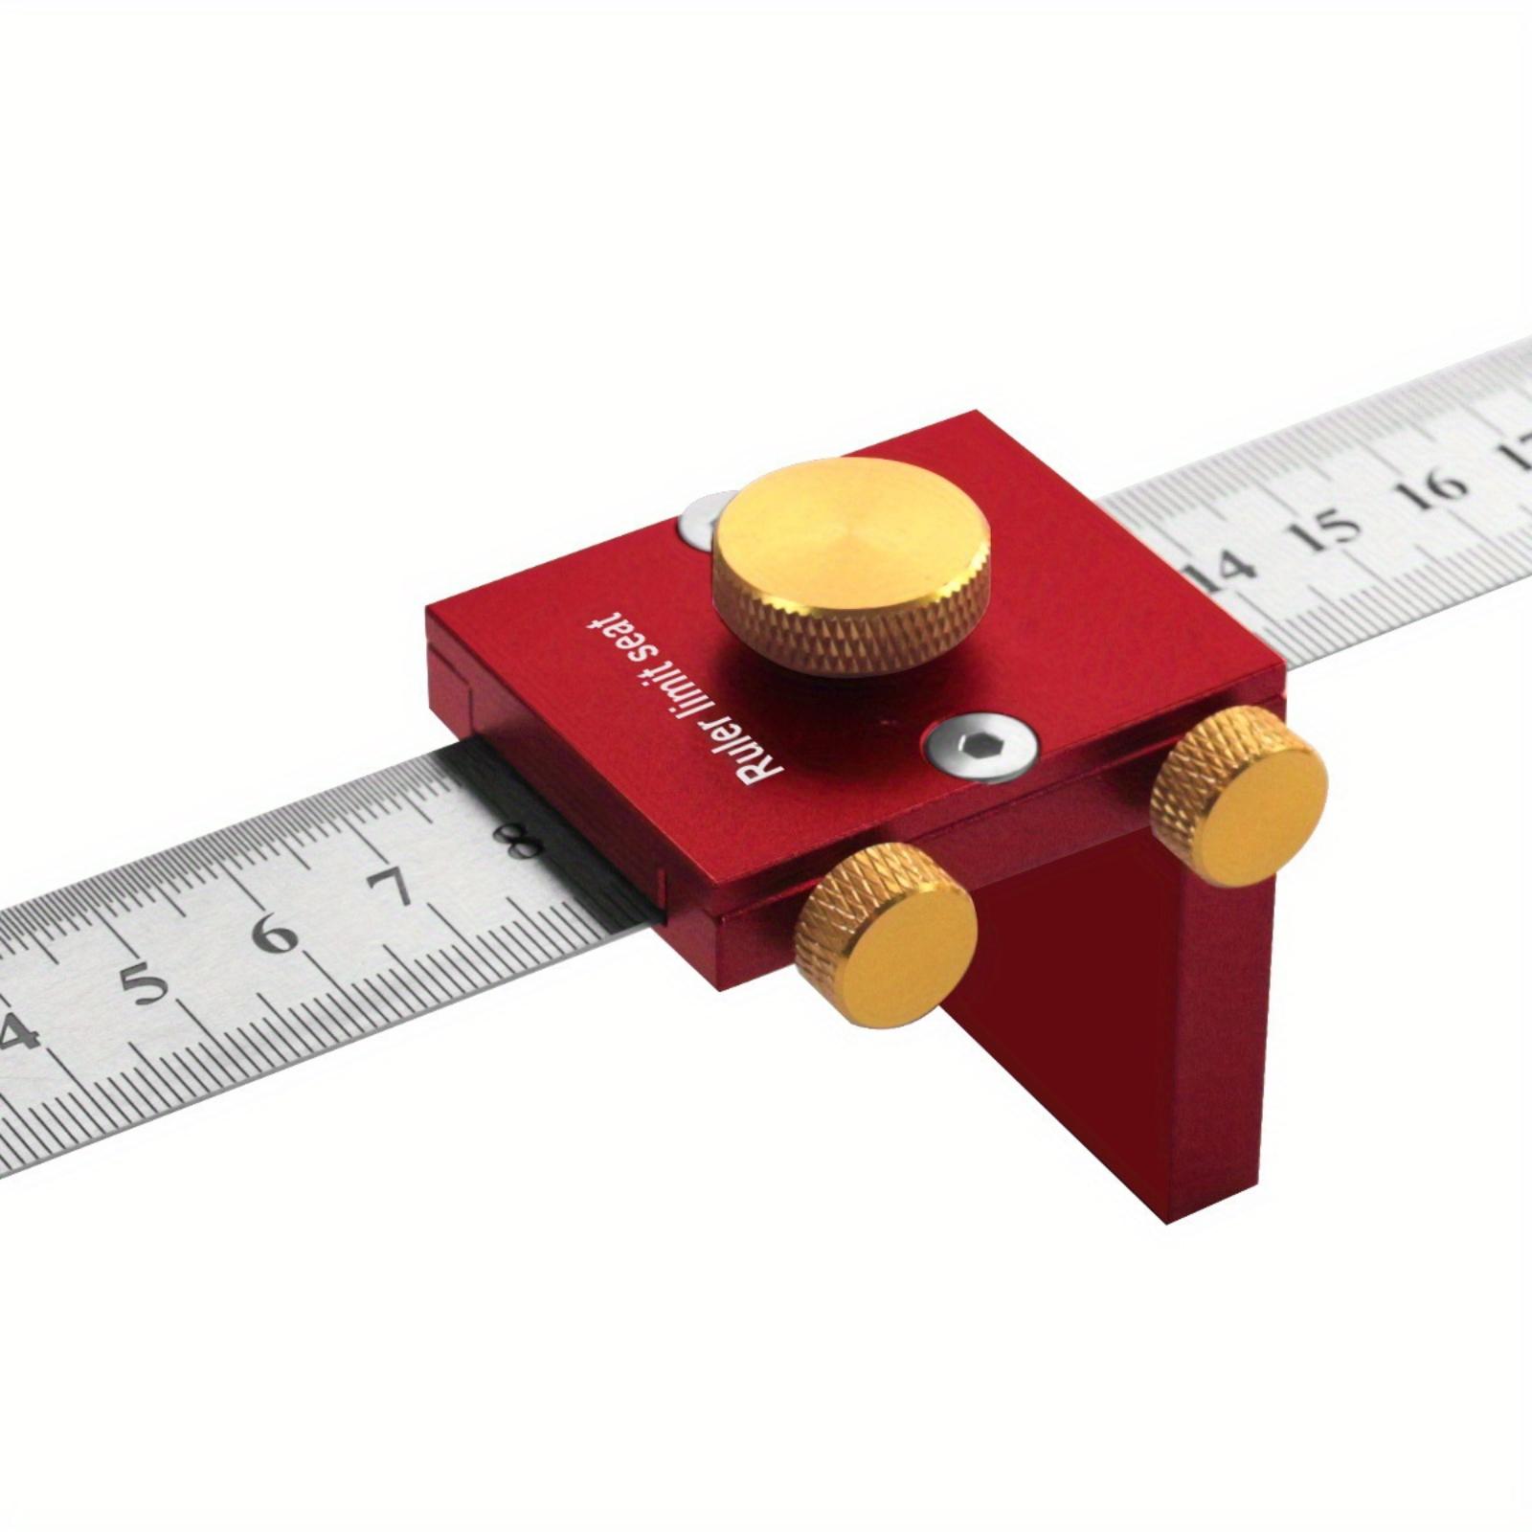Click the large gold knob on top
click(850, 565)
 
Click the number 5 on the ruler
click(145, 983)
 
